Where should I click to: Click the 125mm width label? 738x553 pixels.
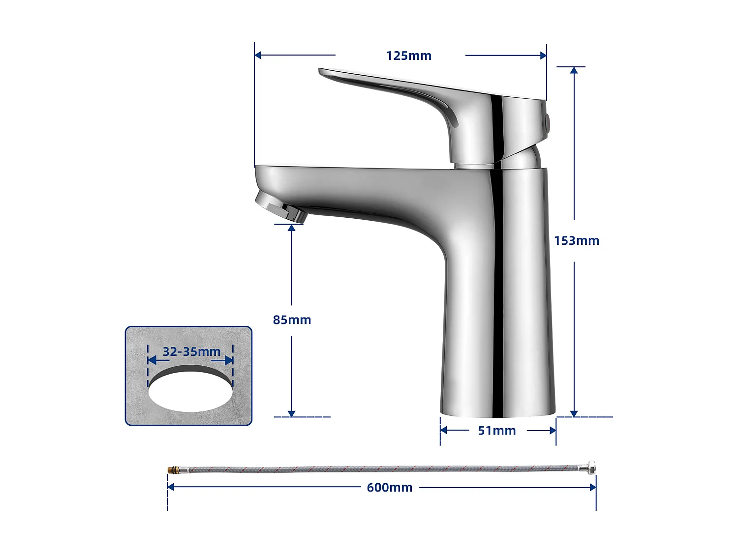(408, 56)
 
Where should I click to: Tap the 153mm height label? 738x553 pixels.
(577, 241)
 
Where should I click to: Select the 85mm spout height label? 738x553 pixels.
(292, 320)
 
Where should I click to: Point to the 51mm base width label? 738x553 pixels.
(497, 431)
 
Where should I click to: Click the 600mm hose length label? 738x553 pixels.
(389, 488)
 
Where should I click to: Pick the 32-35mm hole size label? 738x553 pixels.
(191, 352)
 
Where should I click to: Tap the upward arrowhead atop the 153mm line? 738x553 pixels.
(574, 70)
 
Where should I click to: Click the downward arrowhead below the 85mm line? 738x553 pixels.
(292, 413)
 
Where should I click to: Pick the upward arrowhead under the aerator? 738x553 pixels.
(292, 228)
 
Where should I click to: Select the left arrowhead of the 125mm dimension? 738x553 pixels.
(258, 55)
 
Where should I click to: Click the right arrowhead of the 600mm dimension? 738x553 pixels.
(593, 488)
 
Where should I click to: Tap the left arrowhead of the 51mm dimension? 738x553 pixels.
(443, 431)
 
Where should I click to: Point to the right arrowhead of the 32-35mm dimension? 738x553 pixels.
(229, 360)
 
